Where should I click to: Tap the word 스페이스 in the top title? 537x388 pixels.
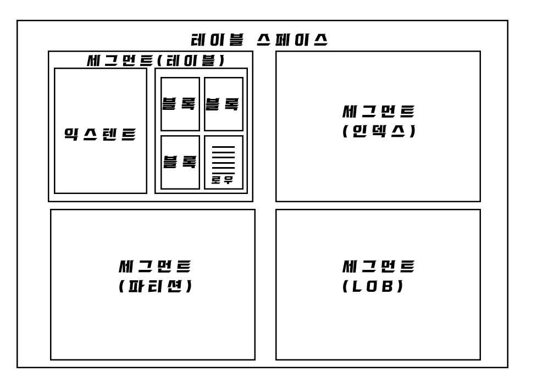tap(292, 40)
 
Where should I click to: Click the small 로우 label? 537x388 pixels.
tap(223, 180)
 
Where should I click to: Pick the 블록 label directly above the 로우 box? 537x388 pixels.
tap(223, 104)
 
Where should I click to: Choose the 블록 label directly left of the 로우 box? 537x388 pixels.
tap(180, 162)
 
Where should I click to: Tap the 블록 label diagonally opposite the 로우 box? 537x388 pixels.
tap(180, 104)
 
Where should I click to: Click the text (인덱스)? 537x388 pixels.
tap(378, 132)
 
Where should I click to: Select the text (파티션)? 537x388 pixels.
tap(156, 287)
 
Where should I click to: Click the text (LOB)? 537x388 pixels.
tap(373, 287)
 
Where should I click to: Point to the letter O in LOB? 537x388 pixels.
tap(373, 287)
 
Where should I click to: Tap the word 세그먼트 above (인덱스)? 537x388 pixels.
tap(378, 112)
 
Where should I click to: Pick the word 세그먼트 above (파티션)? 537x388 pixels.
tap(156, 267)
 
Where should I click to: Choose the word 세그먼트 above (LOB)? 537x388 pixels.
tap(378, 267)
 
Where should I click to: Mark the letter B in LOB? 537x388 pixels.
tap(388, 287)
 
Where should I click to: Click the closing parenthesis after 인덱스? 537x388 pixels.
tap(412, 132)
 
